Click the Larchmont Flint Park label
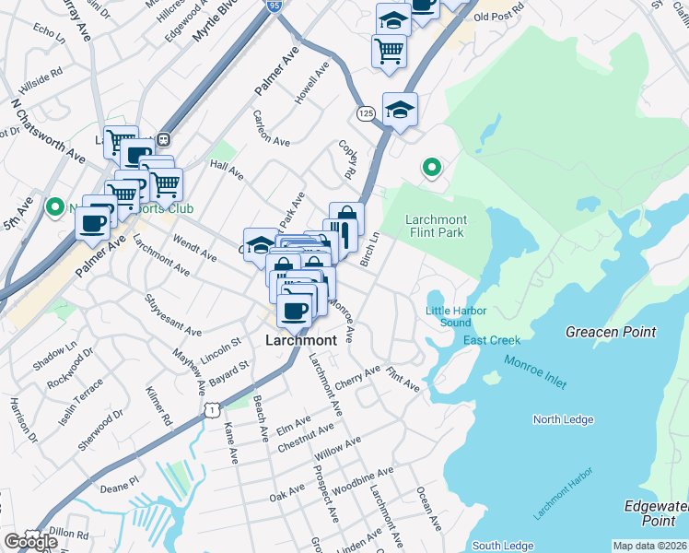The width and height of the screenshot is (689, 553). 437,226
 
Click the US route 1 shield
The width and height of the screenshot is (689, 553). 213,407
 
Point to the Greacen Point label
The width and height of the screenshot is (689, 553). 611,332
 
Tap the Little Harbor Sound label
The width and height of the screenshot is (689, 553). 456,316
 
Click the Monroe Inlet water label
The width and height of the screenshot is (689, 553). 535,374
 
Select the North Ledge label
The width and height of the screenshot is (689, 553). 563,419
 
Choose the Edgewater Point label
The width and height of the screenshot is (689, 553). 656,513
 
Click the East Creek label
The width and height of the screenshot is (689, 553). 492,341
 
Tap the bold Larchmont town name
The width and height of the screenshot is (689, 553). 299,339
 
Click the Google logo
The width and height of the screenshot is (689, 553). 30,541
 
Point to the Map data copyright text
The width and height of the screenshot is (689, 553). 650,546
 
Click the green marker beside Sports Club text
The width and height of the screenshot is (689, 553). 54,207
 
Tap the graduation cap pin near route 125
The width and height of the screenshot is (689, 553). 400,110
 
